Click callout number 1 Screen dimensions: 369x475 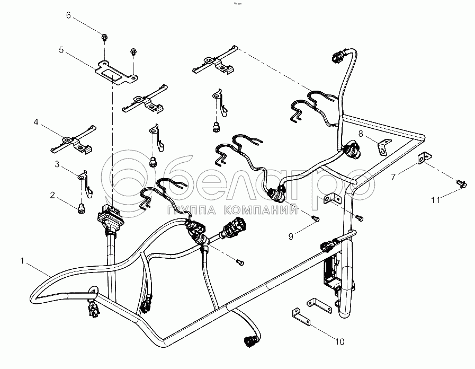(22, 261)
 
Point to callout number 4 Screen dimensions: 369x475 (36, 122)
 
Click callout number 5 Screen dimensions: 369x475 (61, 50)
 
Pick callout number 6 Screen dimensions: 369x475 (68, 15)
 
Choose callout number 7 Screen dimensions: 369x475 (393, 177)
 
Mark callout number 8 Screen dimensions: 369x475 (361, 134)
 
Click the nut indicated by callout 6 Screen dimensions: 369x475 (104, 37)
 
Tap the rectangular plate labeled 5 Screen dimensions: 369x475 (114, 73)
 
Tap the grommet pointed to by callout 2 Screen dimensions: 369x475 (82, 209)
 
